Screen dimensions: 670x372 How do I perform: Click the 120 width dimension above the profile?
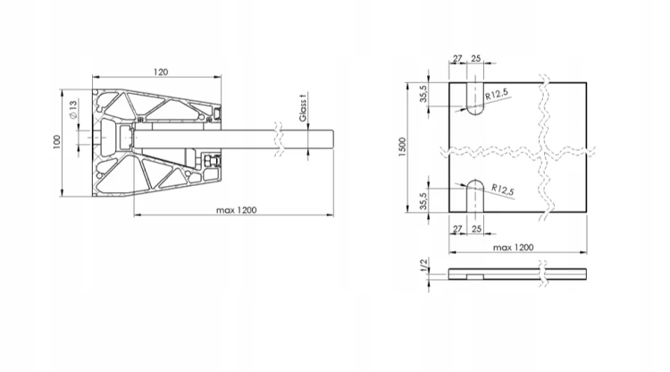(161, 72)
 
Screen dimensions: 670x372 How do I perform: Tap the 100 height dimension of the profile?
(57, 142)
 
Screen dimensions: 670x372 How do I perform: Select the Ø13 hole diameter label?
(72, 109)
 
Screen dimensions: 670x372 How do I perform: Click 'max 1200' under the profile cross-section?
(237, 210)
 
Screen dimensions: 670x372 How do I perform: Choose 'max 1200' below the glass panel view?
(513, 247)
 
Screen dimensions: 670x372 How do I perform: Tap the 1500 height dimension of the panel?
(402, 147)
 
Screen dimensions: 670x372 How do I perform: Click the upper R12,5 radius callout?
(497, 94)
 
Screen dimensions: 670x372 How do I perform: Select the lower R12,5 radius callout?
(502, 190)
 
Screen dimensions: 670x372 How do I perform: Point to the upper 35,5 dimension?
(423, 94)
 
